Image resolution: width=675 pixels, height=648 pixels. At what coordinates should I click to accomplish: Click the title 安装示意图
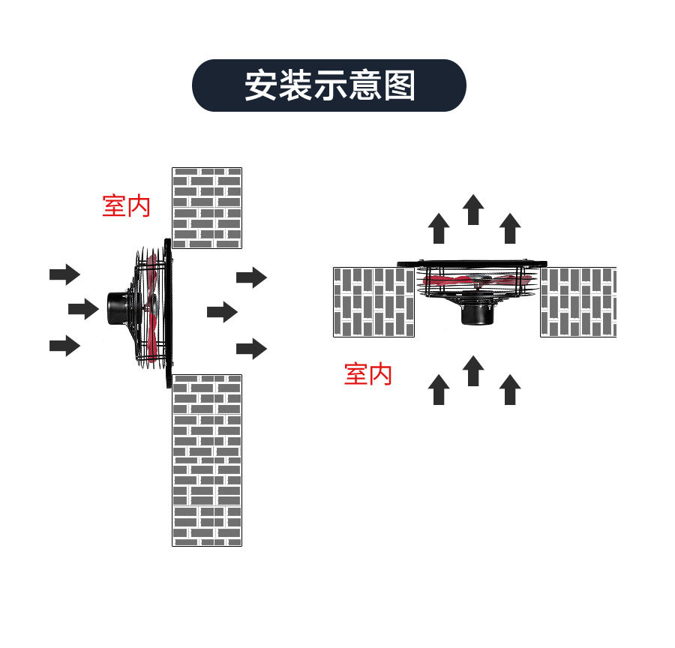(329, 85)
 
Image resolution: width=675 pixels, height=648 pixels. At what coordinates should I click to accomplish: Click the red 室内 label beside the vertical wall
(126, 205)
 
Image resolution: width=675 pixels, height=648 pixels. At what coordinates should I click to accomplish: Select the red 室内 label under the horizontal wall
(368, 373)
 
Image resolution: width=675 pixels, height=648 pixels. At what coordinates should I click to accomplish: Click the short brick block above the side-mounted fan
(207, 208)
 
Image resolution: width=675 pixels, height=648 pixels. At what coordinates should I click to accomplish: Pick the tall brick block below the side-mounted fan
(207, 460)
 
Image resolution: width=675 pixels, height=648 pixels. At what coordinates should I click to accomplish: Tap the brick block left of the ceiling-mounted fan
(373, 301)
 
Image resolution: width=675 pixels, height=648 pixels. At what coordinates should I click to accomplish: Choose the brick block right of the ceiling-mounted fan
(578, 301)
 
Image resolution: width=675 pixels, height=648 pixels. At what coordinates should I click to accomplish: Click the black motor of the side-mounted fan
(117, 308)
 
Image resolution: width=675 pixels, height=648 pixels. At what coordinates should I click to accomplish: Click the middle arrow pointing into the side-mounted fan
(83, 309)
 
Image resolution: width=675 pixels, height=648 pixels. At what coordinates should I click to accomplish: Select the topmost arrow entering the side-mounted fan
(64, 274)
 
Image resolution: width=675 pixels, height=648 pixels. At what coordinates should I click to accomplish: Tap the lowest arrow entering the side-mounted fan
(64, 345)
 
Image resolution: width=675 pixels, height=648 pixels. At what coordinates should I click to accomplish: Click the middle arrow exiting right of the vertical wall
(222, 312)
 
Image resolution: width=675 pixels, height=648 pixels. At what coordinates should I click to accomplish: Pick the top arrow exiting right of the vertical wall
(251, 277)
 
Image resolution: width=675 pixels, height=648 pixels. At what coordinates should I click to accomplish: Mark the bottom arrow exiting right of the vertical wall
(251, 348)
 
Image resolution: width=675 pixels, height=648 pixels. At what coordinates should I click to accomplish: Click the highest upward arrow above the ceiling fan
(473, 209)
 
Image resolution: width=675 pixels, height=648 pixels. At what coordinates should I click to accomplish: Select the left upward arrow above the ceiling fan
(439, 228)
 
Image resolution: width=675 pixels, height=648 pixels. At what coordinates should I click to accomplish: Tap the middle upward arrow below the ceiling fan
(473, 370)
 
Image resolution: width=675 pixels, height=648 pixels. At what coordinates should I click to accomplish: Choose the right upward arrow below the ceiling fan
(510, 390)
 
